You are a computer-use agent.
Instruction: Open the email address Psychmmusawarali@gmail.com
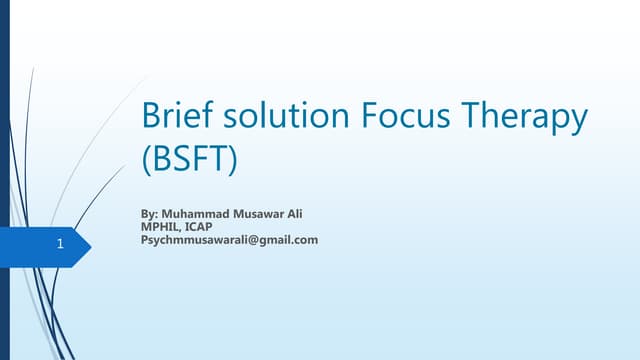coord(231,240)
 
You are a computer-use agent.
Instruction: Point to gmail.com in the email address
coord(288,240)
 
